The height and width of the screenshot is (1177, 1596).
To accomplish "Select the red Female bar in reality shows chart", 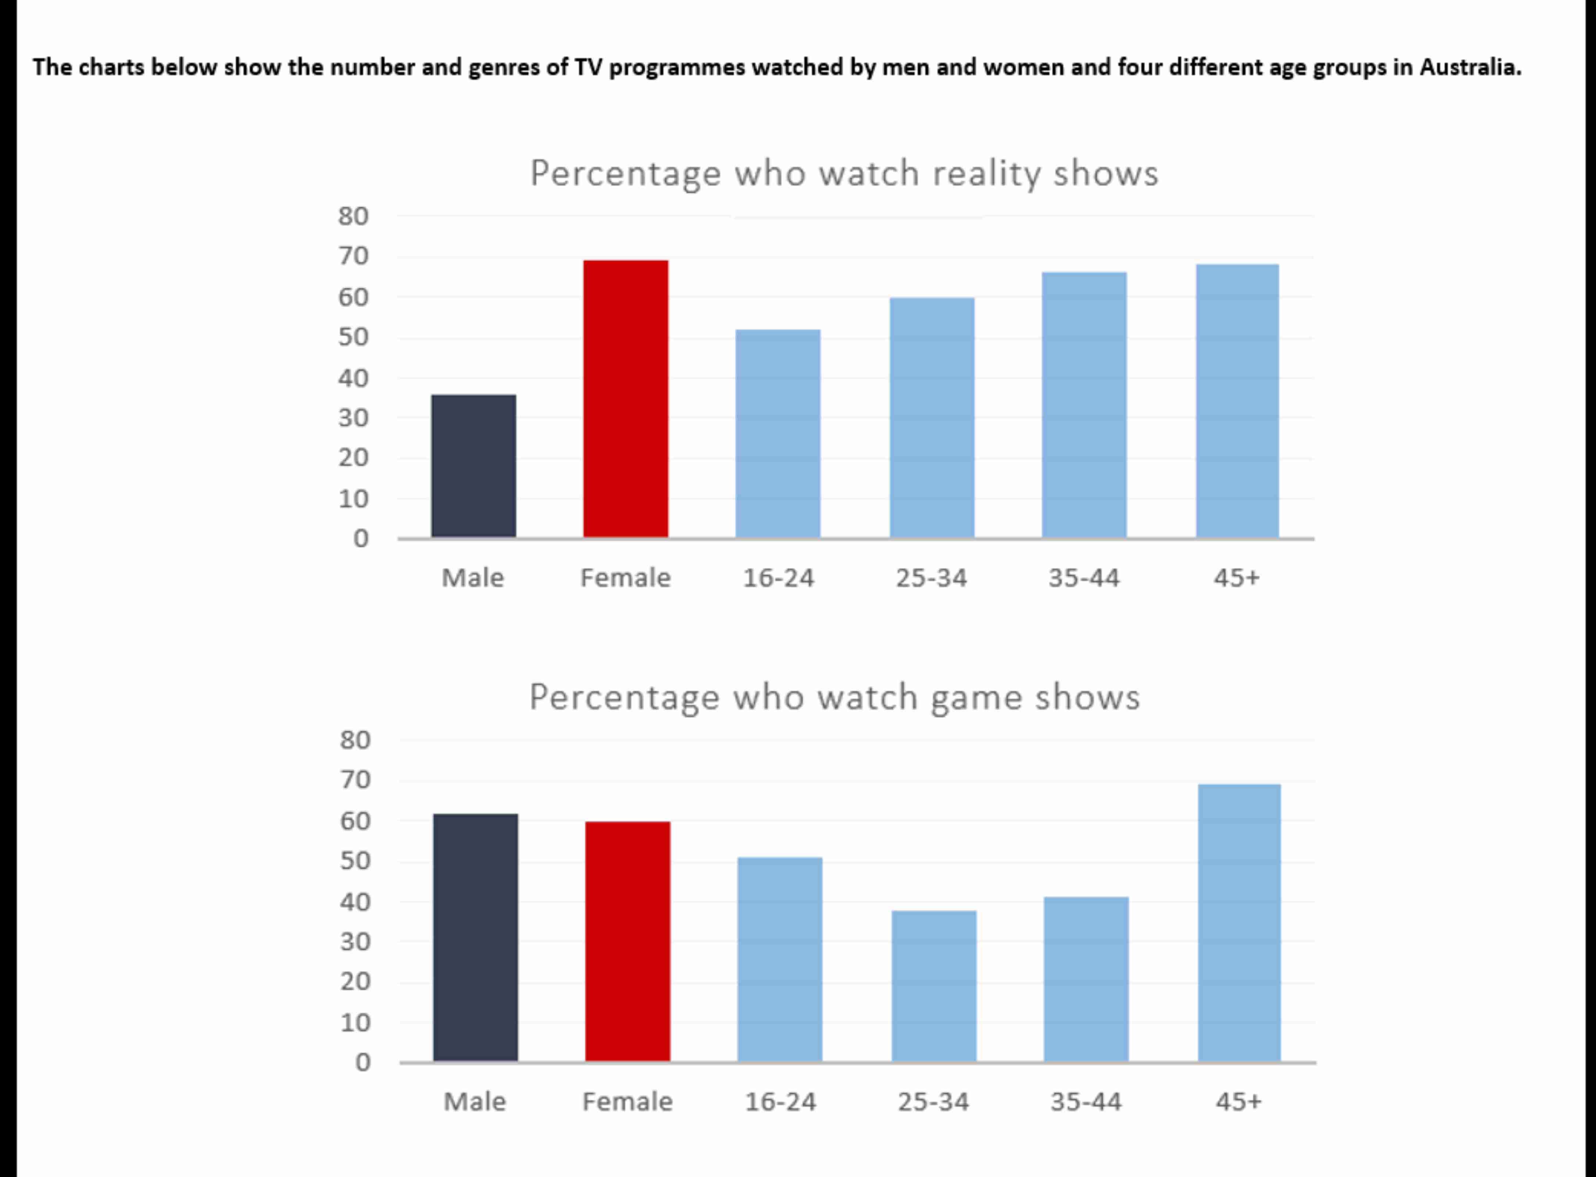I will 625,399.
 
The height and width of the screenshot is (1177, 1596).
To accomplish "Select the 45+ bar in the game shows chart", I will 1239,922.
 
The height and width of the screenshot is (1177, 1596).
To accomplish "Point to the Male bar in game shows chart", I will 475,938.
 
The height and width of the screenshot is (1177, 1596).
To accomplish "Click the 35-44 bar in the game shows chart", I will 1086,979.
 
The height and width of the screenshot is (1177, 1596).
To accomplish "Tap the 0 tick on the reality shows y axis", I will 361,538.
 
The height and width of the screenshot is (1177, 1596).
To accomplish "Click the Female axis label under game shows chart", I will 628,1102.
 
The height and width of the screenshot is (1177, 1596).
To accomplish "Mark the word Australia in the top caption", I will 1470,67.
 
